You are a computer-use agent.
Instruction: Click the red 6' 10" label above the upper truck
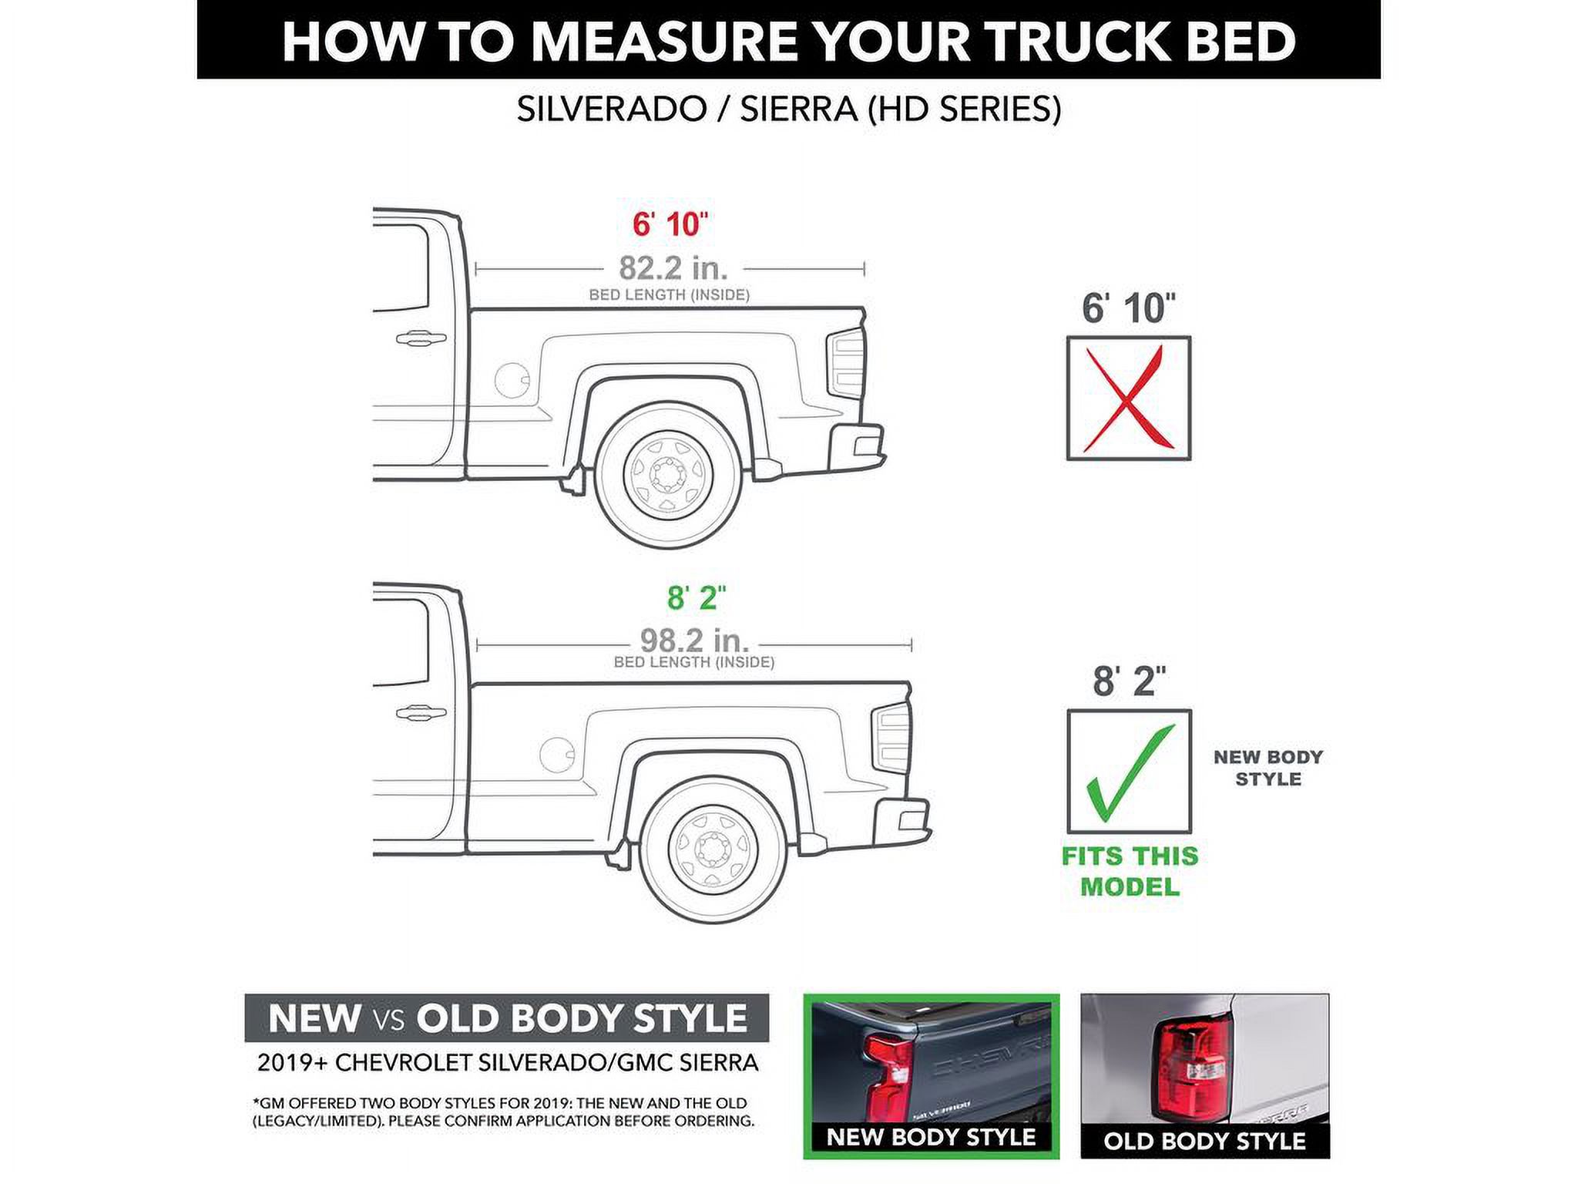coord(669,224)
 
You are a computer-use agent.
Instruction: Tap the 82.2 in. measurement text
coord(673,268)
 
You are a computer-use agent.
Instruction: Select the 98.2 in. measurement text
coord(694,640)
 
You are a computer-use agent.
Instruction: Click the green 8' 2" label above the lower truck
coord(696,597)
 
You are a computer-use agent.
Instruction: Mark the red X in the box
coord(1128,399)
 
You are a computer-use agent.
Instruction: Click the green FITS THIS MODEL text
coord(1130,871)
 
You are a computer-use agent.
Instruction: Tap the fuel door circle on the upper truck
coord(512,379)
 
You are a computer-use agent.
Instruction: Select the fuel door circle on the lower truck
coord(557,754)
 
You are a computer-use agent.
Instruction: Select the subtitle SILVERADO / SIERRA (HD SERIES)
coord(788,109)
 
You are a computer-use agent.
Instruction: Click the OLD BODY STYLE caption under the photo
coord(1204,1141)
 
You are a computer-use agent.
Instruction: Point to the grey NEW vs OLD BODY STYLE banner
coord(506,1018)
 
